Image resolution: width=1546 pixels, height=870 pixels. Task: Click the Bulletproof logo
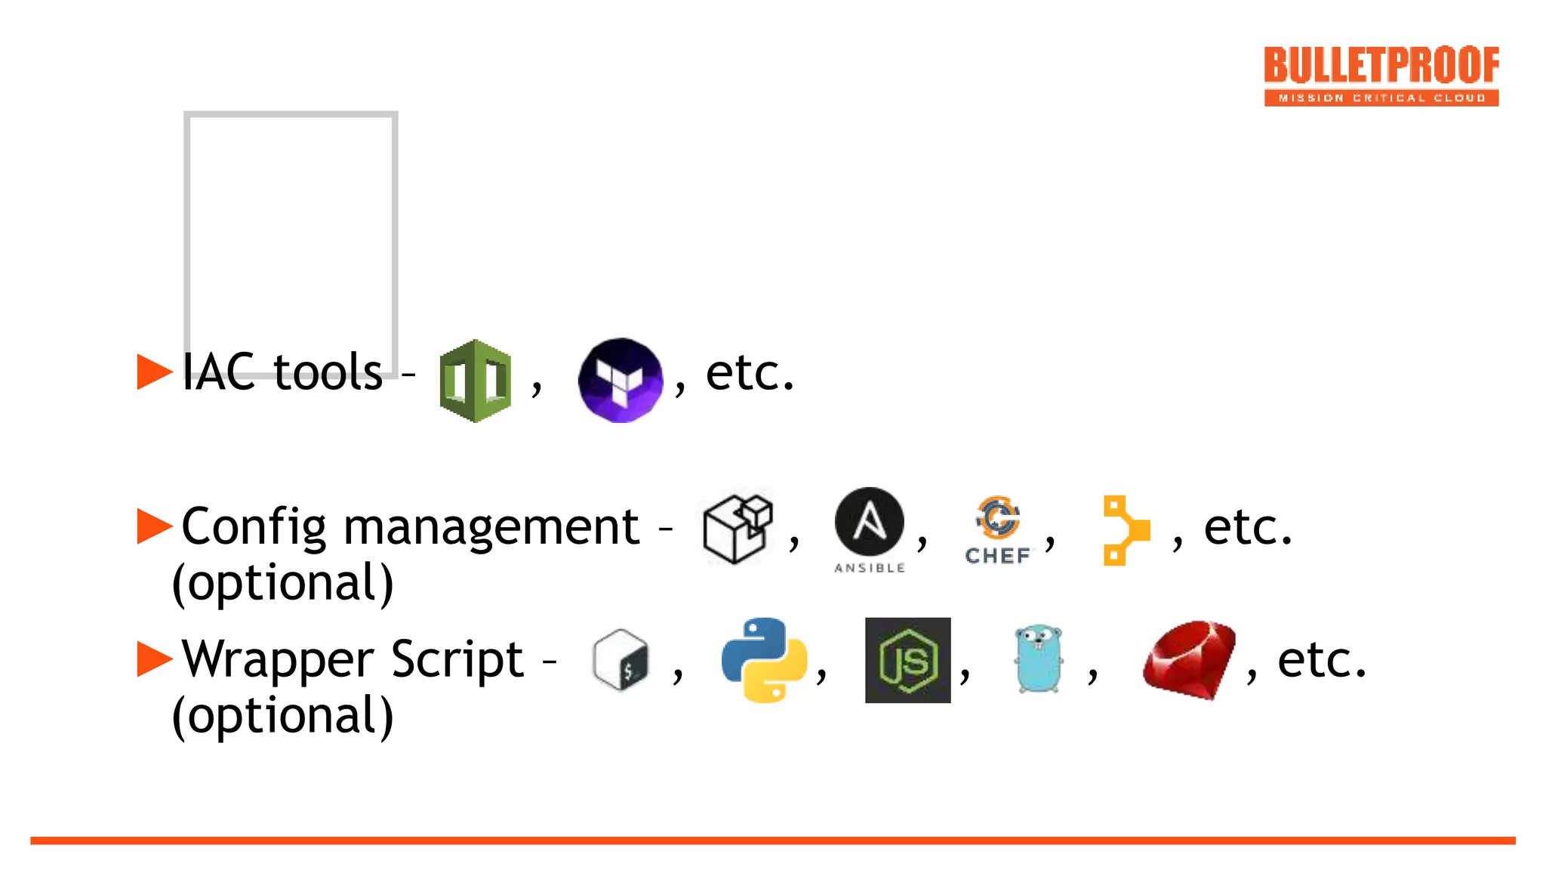pos(1381,76)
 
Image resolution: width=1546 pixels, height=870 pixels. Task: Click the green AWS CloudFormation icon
pos(475,381)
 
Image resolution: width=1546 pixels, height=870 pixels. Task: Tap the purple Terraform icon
pos(621,380)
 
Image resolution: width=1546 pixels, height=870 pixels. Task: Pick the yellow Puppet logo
pos(1126,530)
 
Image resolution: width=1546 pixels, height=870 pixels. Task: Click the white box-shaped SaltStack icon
pos(738,529)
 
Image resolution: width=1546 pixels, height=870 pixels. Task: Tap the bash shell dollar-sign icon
pos(621,660)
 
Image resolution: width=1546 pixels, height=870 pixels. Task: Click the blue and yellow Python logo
pos(764,660)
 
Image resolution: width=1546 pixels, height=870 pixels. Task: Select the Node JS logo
pos(907,660)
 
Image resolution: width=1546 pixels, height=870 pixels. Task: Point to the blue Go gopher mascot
pos(1039,659)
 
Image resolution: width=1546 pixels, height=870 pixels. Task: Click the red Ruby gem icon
pos(1189,660)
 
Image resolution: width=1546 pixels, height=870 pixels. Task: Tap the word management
pos(491,527)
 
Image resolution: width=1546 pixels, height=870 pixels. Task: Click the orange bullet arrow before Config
pos(155,526)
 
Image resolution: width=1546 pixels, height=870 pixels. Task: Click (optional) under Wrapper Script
pos(283,716)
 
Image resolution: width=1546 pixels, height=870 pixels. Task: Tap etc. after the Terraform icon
pos(750,373)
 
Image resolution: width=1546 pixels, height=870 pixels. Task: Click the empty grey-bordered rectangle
pos(291,227)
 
